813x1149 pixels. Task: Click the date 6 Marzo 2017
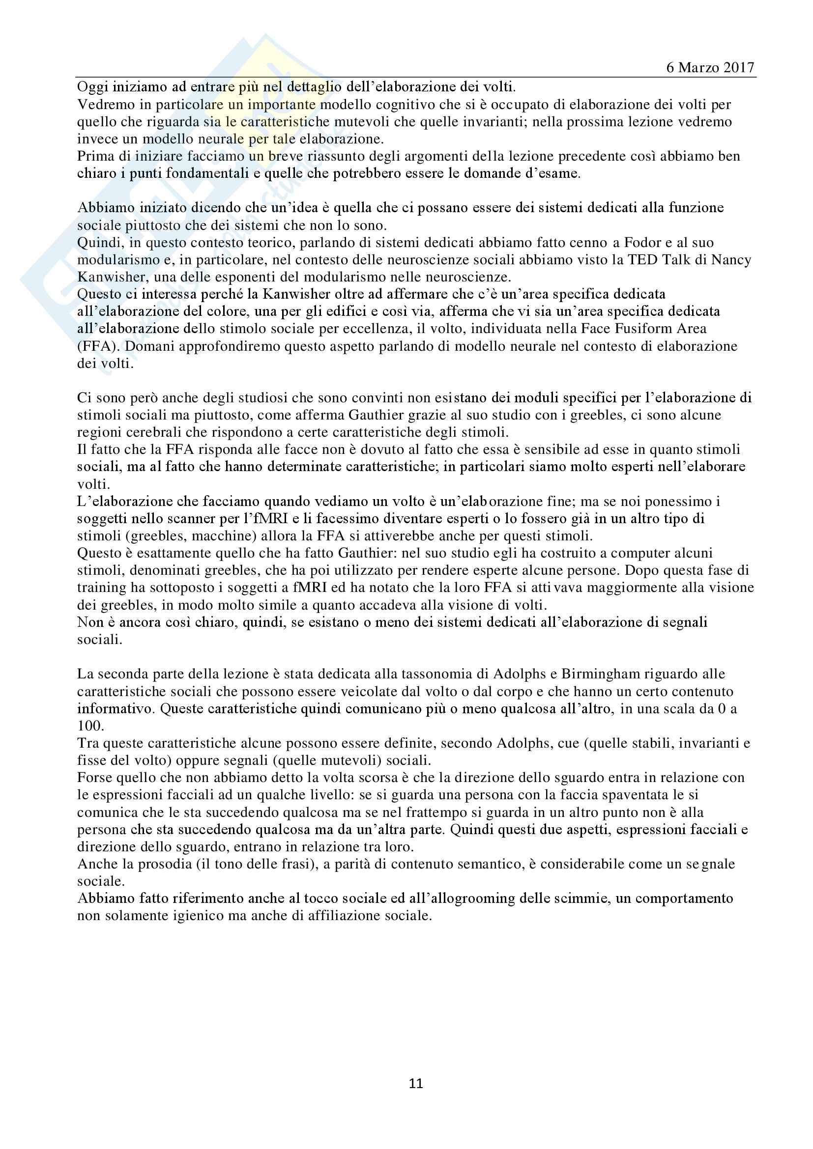coord(710,68)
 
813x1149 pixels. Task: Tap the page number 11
coord(416,1084)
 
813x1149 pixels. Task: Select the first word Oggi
coord(92,87)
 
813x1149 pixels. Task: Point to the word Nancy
coord(731,260)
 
